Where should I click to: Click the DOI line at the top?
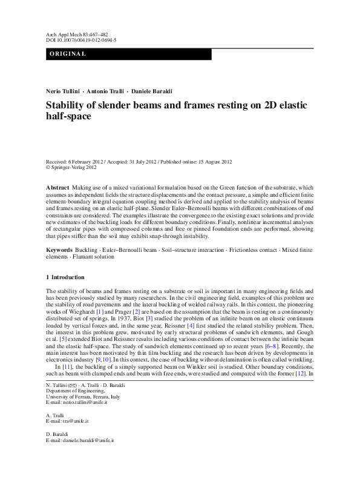(x=81, y=40)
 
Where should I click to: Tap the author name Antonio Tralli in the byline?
(x=106, y=90)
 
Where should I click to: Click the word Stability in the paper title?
(x=67, y=105)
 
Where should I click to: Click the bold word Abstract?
(x=57, y=188)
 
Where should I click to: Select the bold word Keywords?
(x=59, y=249)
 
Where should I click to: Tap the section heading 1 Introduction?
(x=65, y=277)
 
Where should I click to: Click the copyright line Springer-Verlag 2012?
(x=73, y=168)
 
